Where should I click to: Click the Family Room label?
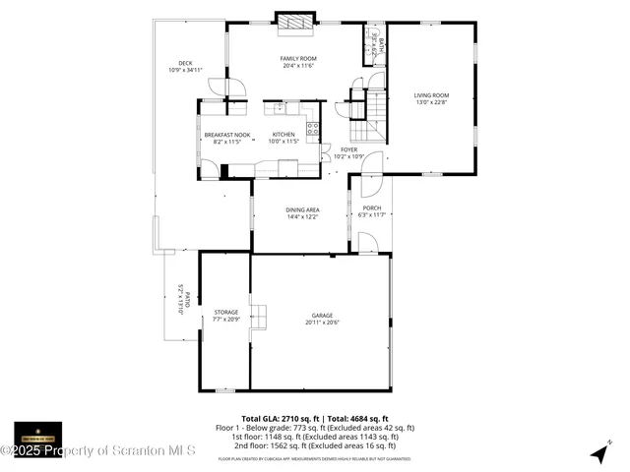click(297, 61)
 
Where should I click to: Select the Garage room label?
click(323, 320)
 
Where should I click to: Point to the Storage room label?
click(226, 316)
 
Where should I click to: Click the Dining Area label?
click(302, 213)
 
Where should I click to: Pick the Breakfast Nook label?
click(227, 139)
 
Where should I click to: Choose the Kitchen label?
click(283, 139)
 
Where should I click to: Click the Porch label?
click(372, 211)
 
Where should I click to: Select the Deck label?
click(185, 67)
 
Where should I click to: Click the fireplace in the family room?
click(293, 21)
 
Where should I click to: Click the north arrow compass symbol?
click(598, 452)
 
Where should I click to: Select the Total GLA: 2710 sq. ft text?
click(279, 419)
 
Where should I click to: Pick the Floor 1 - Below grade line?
click(315, 428)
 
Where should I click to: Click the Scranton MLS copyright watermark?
click(98, 451)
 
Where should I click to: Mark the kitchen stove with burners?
click(313, 127)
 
